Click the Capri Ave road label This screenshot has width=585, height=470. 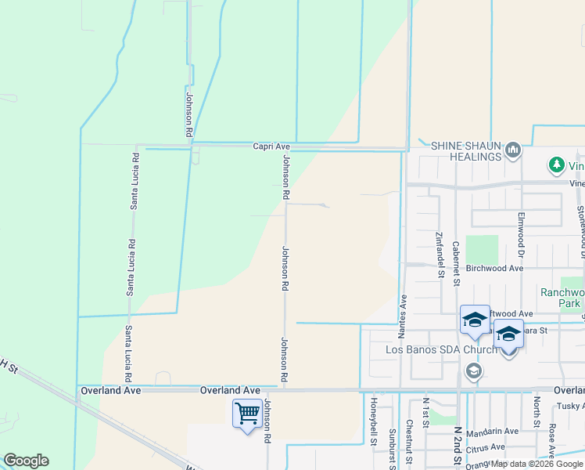pyautogui.click(x=271, y=146)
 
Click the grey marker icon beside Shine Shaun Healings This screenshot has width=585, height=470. pyautogui.click(x=513, y=150)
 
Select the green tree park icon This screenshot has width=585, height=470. pyautogui.click(x=556, y=165)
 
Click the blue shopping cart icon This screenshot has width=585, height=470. pyautogui.click(x=248, y=412)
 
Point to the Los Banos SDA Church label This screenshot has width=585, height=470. pyautogui.click(x=441, y=349)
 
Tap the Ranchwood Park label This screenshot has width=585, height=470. pyautogui.click(x=562, y=297)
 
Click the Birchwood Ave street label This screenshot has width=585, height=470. pyautogui.click(x=494, y=268)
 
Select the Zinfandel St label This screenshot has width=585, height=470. pyautogui.click(x=440, y=255)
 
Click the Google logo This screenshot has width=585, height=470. pyautogui.click(x=26, y=461)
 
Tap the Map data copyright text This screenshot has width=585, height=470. pyautogui.click(x=537, y=464)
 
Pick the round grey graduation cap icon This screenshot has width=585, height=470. pyautogui.click(x=472, y=371)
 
